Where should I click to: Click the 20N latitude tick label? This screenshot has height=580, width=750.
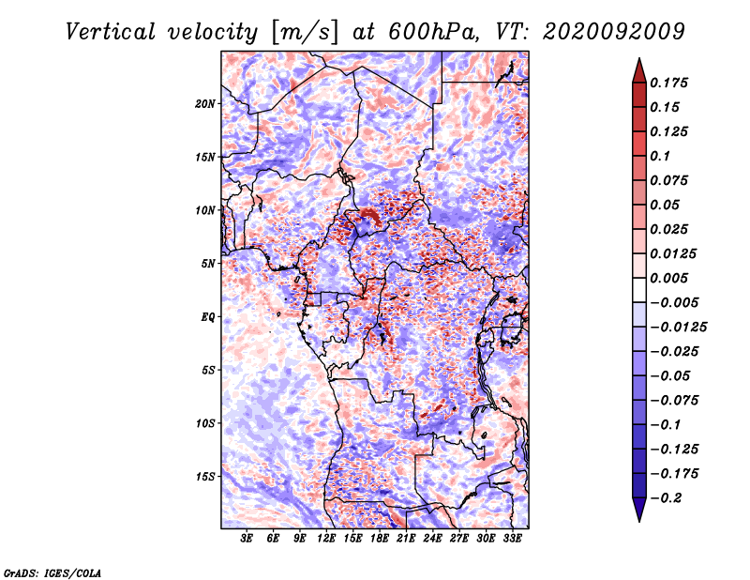pyautogui.click(x=205, y=104)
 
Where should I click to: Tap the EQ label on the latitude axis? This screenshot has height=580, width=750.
pyautogui.click(x=208, y=317)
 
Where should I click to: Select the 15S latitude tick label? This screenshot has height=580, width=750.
pyautogui.click(x=205, y=477)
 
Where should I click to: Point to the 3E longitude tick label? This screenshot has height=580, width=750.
pyautogui.click(x=247, y=539)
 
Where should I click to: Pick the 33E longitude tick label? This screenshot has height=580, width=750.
pyautogui.click(x=512, y=539)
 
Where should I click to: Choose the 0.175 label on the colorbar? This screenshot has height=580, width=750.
pyautogui.click(x=668, y=83)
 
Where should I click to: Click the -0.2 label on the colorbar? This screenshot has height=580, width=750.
pyautogui.click(x=666, y=498)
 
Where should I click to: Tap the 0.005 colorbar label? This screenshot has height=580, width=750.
pyautogui.click(x=668, y=278)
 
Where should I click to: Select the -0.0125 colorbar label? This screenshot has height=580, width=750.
pyautogui.click(x=678, y=328)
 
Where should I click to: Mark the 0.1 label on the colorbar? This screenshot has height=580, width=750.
pyautogui.click(x=661, y=156)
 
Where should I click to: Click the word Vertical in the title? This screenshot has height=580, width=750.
pyautogui.click(x=111, y=32)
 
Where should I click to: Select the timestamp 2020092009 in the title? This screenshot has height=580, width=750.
pyautogui.click(x=614, y=32)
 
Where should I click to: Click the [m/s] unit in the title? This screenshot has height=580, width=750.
pyautogui.click(x=305, y=33)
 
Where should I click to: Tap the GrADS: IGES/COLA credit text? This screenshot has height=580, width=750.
pyautogui.click(x=52, y=572)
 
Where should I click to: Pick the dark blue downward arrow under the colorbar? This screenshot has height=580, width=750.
pyautogui.click(x=639, y=509)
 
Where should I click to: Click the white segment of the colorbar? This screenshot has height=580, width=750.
pyautogui.click(x=639, y=290)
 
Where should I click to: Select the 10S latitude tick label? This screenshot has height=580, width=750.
pyautogui.click(x=205, y=423)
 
